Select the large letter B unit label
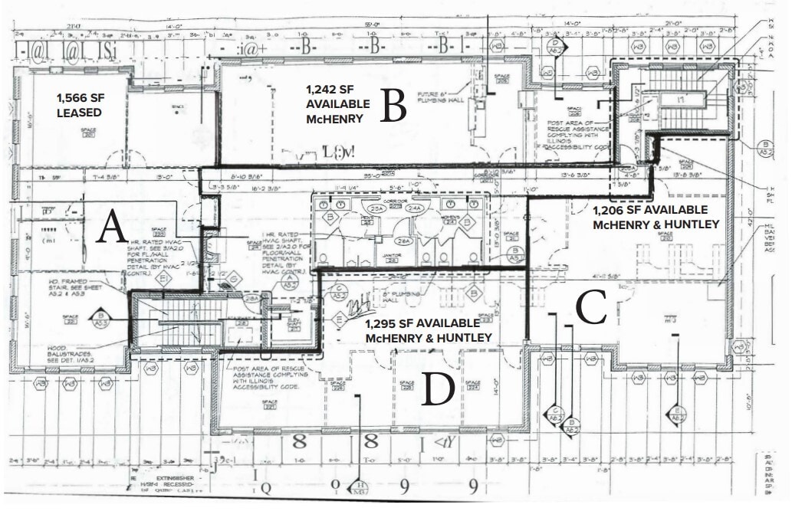point(392,106)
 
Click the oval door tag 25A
point(376,209)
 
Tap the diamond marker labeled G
point(234,280)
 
